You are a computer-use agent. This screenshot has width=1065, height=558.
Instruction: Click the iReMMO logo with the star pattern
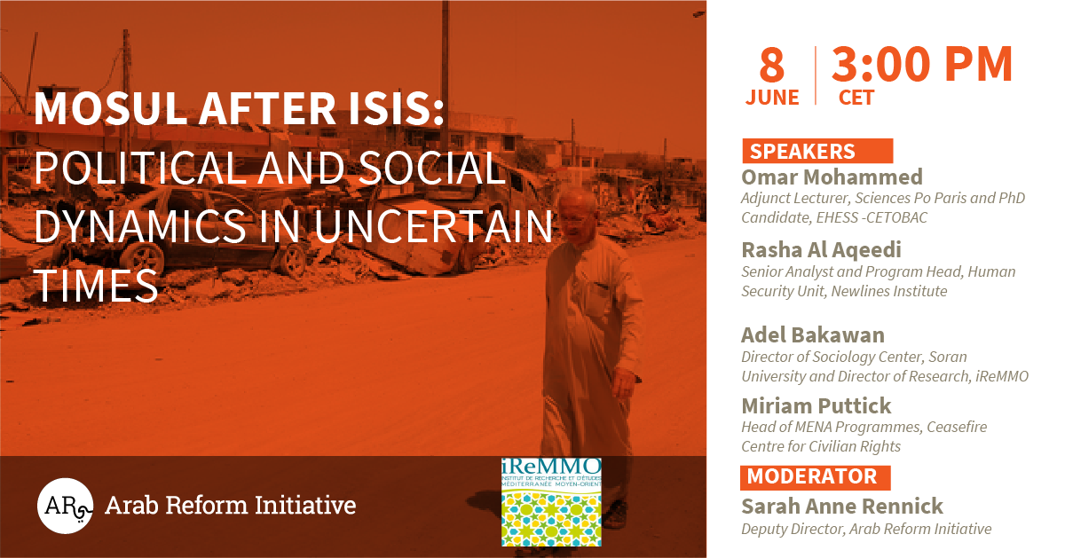pos(551,502)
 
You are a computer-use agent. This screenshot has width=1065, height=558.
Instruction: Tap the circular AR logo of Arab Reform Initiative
pos(65,506)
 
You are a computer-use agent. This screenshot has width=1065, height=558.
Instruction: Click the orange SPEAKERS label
pos(817,151)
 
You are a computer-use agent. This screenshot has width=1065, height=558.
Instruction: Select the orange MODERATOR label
pos(815,477)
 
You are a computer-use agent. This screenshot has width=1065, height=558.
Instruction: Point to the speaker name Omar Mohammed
pos(832,177)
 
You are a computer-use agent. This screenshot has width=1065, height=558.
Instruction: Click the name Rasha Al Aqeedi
pos(821,250)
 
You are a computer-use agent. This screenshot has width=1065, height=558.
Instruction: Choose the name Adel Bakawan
pos(813,335)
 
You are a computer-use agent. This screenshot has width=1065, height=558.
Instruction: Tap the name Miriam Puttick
pos(816,406)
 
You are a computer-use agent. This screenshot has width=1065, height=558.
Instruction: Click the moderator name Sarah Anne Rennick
pos(842,507)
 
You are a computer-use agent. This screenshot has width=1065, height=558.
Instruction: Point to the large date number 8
pos(771,65)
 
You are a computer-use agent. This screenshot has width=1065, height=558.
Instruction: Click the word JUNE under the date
pos(772,98)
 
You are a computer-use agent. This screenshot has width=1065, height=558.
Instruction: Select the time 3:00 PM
pos(922,64)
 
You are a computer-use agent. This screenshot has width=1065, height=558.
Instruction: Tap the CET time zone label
pos(856,98)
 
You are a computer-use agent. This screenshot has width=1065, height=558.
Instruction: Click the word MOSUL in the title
pos(110,108)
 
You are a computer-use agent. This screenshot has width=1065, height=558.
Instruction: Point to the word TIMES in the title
pos(96,285)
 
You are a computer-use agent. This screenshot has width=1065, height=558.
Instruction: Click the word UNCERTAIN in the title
pos(433,226)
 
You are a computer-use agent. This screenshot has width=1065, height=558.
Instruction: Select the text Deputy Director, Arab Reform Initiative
pos(866,529)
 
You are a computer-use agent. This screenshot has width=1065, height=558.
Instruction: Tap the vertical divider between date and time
pos(816,75)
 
